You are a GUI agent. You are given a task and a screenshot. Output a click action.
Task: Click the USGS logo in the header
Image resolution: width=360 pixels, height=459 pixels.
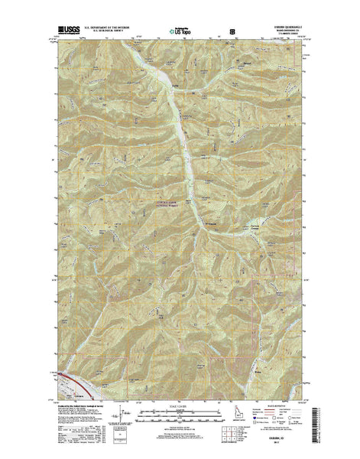coord(66,33)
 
